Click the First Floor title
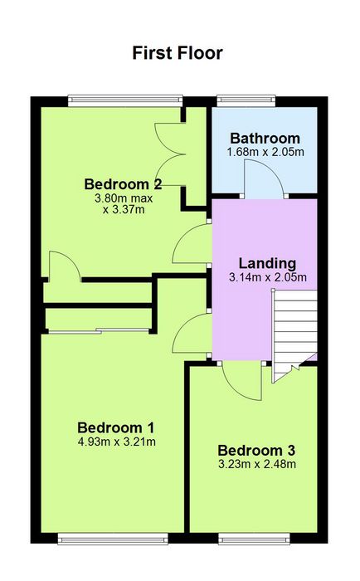click(x=178, y=53)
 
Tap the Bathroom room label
click(x=265, y=139)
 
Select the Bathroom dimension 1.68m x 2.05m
click(x=265, y=152)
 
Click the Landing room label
click(x=267, y=263)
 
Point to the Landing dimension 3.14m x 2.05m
click(x=268, y=277)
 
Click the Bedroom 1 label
click(x=116, y=427)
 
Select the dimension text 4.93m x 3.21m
click(x=117, y=442)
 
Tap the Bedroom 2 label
click(x=124, y=183)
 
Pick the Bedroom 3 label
click(x=256, y=450)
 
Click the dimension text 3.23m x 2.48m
click(x=257, y=464)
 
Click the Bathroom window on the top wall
click(x=246, y=100)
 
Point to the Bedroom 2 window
click(x=125, y=100)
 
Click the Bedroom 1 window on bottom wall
click(x=113, y=539)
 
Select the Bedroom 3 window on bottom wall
click(x=254, y=539)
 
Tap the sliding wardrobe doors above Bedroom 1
click(x=99, y=331)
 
